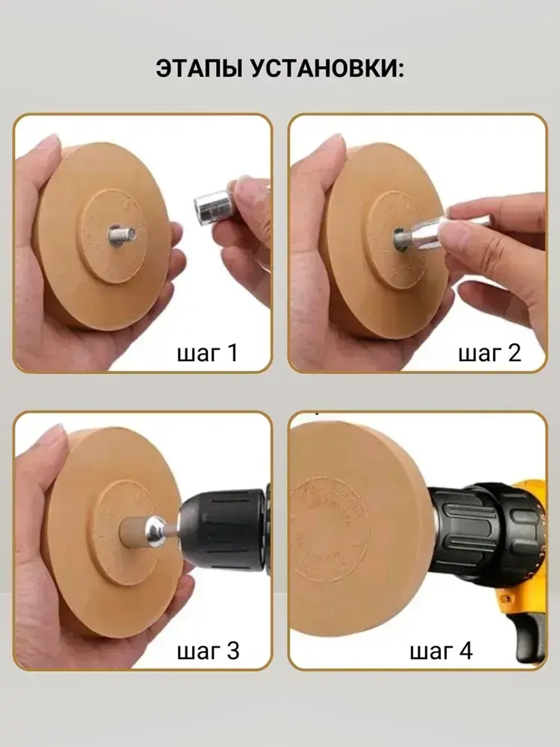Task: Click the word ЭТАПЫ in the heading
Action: pyautogui.click(x=199, y=69)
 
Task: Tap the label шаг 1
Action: pyautogui.click(x=207, y=352)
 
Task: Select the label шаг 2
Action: pyautogui.click(x=489, y=352)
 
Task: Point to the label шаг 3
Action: pyautogui.click(x=208, y=651)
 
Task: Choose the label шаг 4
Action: pyautogui.click(x=441, y=651)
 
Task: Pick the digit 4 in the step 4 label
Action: pyautogui.click(x=465, y=651)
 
